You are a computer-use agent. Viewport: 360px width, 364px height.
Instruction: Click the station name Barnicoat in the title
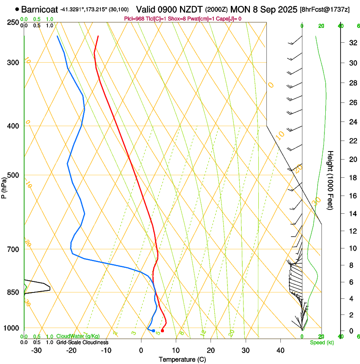pos(39,9)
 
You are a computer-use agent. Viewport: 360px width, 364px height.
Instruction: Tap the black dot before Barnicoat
pos(17,9)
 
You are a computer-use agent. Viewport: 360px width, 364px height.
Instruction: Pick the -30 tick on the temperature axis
pos(36,350)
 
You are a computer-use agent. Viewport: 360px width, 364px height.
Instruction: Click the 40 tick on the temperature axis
pos(280,350)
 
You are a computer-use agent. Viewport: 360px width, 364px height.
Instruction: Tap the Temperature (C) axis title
pos(182,359)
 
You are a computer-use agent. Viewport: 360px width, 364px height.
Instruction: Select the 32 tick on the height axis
pos(352,42)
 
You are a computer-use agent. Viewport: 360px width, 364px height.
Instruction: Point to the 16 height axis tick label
pos(352,196)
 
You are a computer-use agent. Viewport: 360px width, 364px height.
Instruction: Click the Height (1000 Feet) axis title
pos(330,180)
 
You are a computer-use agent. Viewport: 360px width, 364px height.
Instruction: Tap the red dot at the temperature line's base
pos(162,331)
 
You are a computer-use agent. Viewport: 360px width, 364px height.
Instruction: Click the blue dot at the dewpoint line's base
pos(153,331)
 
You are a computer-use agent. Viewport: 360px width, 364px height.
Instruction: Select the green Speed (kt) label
pos(321,342)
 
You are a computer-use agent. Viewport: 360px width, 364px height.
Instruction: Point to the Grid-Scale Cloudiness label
pos(82,342)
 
